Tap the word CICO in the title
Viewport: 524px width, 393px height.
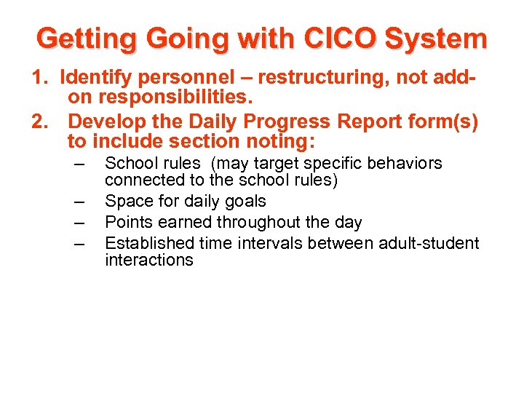[x=341, y=39]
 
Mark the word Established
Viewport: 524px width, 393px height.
[x=151, y=243]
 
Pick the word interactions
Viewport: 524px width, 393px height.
[x=149, y=260]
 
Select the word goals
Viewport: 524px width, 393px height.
[x=245, y=202]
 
